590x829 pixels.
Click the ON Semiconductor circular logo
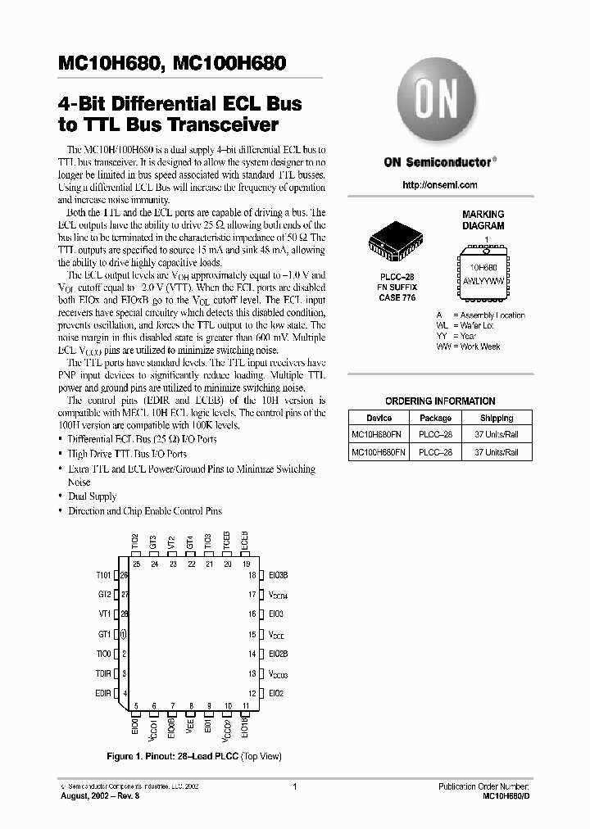point(437,106)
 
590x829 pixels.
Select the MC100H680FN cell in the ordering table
point(379,452)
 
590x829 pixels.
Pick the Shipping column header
point(497,418)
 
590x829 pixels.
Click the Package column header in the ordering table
point(435,418)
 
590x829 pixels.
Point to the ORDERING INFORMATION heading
point(440,401)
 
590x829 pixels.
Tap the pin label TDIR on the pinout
point(102,673)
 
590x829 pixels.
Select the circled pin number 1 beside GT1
point(124,634)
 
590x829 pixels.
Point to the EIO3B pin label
point(279,576)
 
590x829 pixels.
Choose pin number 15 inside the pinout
point(252,634)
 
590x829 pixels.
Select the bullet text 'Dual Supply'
point(92,496)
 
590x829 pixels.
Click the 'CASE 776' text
point(397,297)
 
